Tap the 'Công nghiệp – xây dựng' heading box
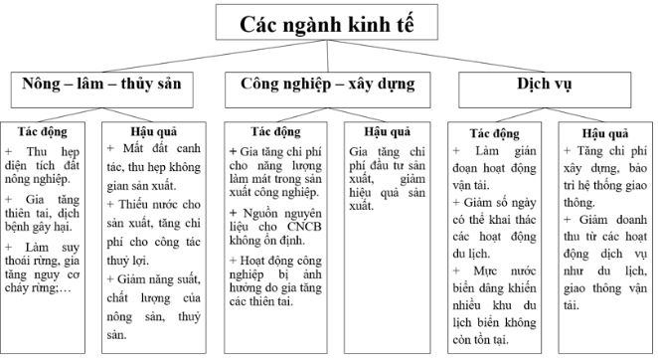click(x=328, y=86)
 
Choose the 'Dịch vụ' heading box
click(x=544, y=86)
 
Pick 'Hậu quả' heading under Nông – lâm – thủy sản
click(x=155, y=130)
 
